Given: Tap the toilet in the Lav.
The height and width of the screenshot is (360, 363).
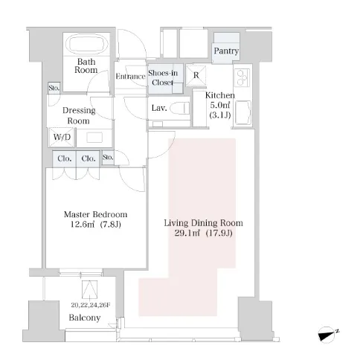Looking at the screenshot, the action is point(180,108).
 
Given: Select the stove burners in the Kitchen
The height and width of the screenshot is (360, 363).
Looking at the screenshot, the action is point(242,77).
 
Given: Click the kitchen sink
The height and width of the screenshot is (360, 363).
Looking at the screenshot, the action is point(242,112).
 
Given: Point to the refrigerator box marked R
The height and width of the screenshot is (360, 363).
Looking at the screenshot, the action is point(196,75).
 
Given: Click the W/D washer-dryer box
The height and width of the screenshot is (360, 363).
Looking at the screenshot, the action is point(62,137).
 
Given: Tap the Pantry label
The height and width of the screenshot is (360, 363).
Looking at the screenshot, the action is point(226,51).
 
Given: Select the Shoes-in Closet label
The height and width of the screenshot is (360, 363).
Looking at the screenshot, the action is point(163,77).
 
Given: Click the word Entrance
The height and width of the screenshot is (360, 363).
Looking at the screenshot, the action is point(130,77).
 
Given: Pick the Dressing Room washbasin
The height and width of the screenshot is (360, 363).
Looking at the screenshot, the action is point(94,138).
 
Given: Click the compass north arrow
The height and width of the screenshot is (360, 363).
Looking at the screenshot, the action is point(327,335).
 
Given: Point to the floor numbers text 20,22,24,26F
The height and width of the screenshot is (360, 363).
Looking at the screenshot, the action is point(91,305).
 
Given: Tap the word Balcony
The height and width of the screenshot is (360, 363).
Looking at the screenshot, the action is point(85,318).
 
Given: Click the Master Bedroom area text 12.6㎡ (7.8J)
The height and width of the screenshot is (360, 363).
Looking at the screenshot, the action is point(96,225).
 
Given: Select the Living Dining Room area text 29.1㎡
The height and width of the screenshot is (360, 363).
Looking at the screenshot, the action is point(187,233).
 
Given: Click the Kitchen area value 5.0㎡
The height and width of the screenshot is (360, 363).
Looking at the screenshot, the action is point(220,105).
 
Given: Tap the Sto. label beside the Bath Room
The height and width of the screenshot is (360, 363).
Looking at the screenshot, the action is point(54,88).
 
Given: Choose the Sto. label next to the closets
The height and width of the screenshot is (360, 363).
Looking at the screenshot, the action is point(108,157).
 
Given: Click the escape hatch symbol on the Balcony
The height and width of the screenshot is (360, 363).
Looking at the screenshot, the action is point(89,289).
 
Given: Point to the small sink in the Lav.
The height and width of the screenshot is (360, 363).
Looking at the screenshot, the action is point(158,123).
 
